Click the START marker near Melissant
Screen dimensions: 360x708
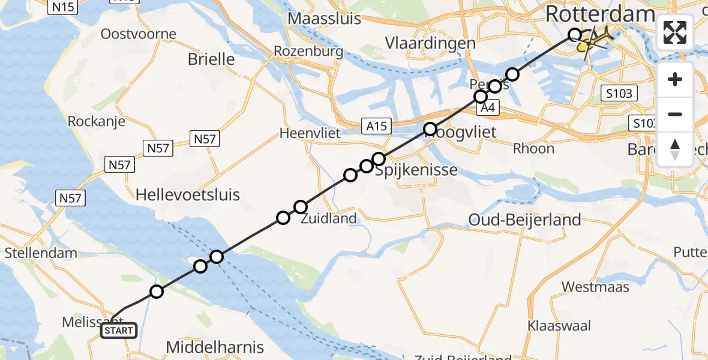(119, 331)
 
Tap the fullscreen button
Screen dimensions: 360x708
(675, 32)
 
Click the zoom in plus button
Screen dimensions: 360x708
(675, 80)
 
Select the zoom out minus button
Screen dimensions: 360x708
(675, 114)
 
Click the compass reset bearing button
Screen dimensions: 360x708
(675, 149)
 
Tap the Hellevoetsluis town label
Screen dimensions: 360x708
(188, 194)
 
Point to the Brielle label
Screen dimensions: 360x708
(211, 59)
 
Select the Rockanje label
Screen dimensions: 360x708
(97, 121)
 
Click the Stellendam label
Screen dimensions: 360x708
(41, 253)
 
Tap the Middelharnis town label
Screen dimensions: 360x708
(215, 347)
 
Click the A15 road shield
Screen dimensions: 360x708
(377, 126)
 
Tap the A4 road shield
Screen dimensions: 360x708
(487, 109)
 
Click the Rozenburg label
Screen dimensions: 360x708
(308, 52)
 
